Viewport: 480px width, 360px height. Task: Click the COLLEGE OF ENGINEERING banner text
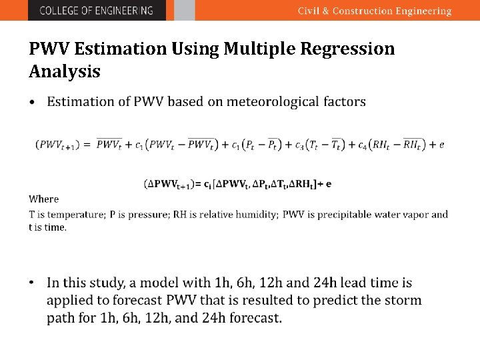tap(96, 11)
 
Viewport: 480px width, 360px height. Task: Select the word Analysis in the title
tap(65, 71)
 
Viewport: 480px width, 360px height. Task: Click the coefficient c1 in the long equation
tap(139, 145)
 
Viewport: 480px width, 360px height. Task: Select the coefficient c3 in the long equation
tap(300, 145)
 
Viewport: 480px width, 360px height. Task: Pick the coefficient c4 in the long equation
tap(362, 145)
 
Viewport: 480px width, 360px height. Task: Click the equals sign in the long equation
tap(87, 145)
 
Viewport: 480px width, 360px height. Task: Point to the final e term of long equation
tap(441, 145)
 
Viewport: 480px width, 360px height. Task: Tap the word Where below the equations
tap(44, 199)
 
